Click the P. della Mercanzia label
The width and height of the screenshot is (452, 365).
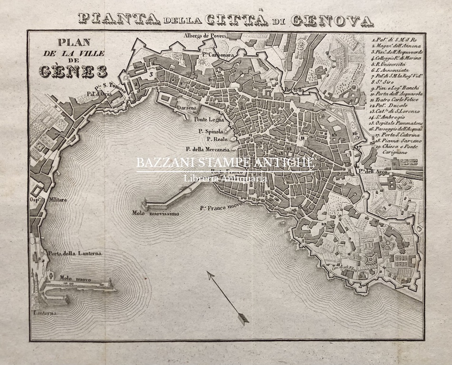click(208, 149)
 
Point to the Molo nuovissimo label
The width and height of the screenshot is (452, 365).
click(155, 213)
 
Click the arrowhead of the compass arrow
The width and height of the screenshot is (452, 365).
click(243, 319)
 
